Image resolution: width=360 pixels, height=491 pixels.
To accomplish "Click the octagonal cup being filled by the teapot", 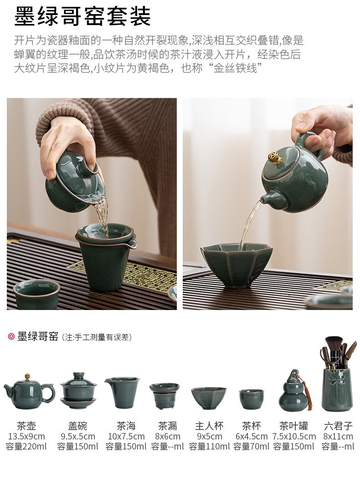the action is click(237, 264).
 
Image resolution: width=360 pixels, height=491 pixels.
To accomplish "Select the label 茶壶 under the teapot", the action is click(26, 425).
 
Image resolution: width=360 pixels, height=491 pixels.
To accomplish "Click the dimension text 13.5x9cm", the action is click(26, 436).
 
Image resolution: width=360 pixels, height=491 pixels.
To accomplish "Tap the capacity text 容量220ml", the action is click(26, 446).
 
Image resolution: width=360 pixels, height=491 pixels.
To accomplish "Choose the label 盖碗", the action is click(77, 425).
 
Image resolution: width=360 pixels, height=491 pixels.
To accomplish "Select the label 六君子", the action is click(338, 425).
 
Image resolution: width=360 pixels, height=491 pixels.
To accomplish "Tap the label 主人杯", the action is click(209, 425).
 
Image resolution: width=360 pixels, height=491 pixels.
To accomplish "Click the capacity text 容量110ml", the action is click(209, 446).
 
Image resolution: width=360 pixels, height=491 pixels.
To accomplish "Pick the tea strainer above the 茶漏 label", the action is click(165, 396).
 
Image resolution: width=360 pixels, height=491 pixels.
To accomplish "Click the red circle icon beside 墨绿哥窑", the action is click(11, 336).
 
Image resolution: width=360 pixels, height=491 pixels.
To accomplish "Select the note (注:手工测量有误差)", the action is click(97, 337).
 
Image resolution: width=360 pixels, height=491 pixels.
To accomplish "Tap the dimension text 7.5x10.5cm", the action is click(294, 436).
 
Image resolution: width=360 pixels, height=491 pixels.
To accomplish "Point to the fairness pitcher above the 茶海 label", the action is click(123, 392).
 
